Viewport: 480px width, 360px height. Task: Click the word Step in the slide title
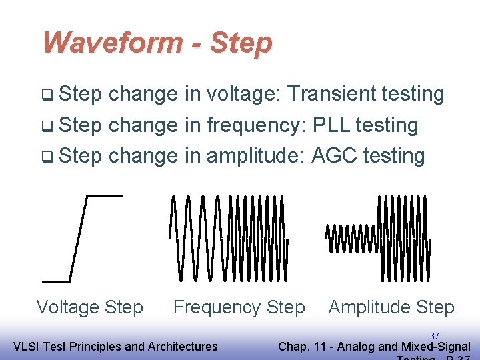pos(241,43)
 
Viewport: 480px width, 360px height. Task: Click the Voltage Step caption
pos(89,307)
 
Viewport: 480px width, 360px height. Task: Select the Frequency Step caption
pos(239,307)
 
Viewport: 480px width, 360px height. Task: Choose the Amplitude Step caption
pos(391,307)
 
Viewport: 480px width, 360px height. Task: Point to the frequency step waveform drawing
pos(229,238)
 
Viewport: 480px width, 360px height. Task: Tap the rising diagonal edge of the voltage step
pos(79,239)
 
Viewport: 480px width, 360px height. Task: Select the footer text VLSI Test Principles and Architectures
pos(115,346)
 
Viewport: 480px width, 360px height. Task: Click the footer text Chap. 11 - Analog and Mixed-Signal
pos(373,346)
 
